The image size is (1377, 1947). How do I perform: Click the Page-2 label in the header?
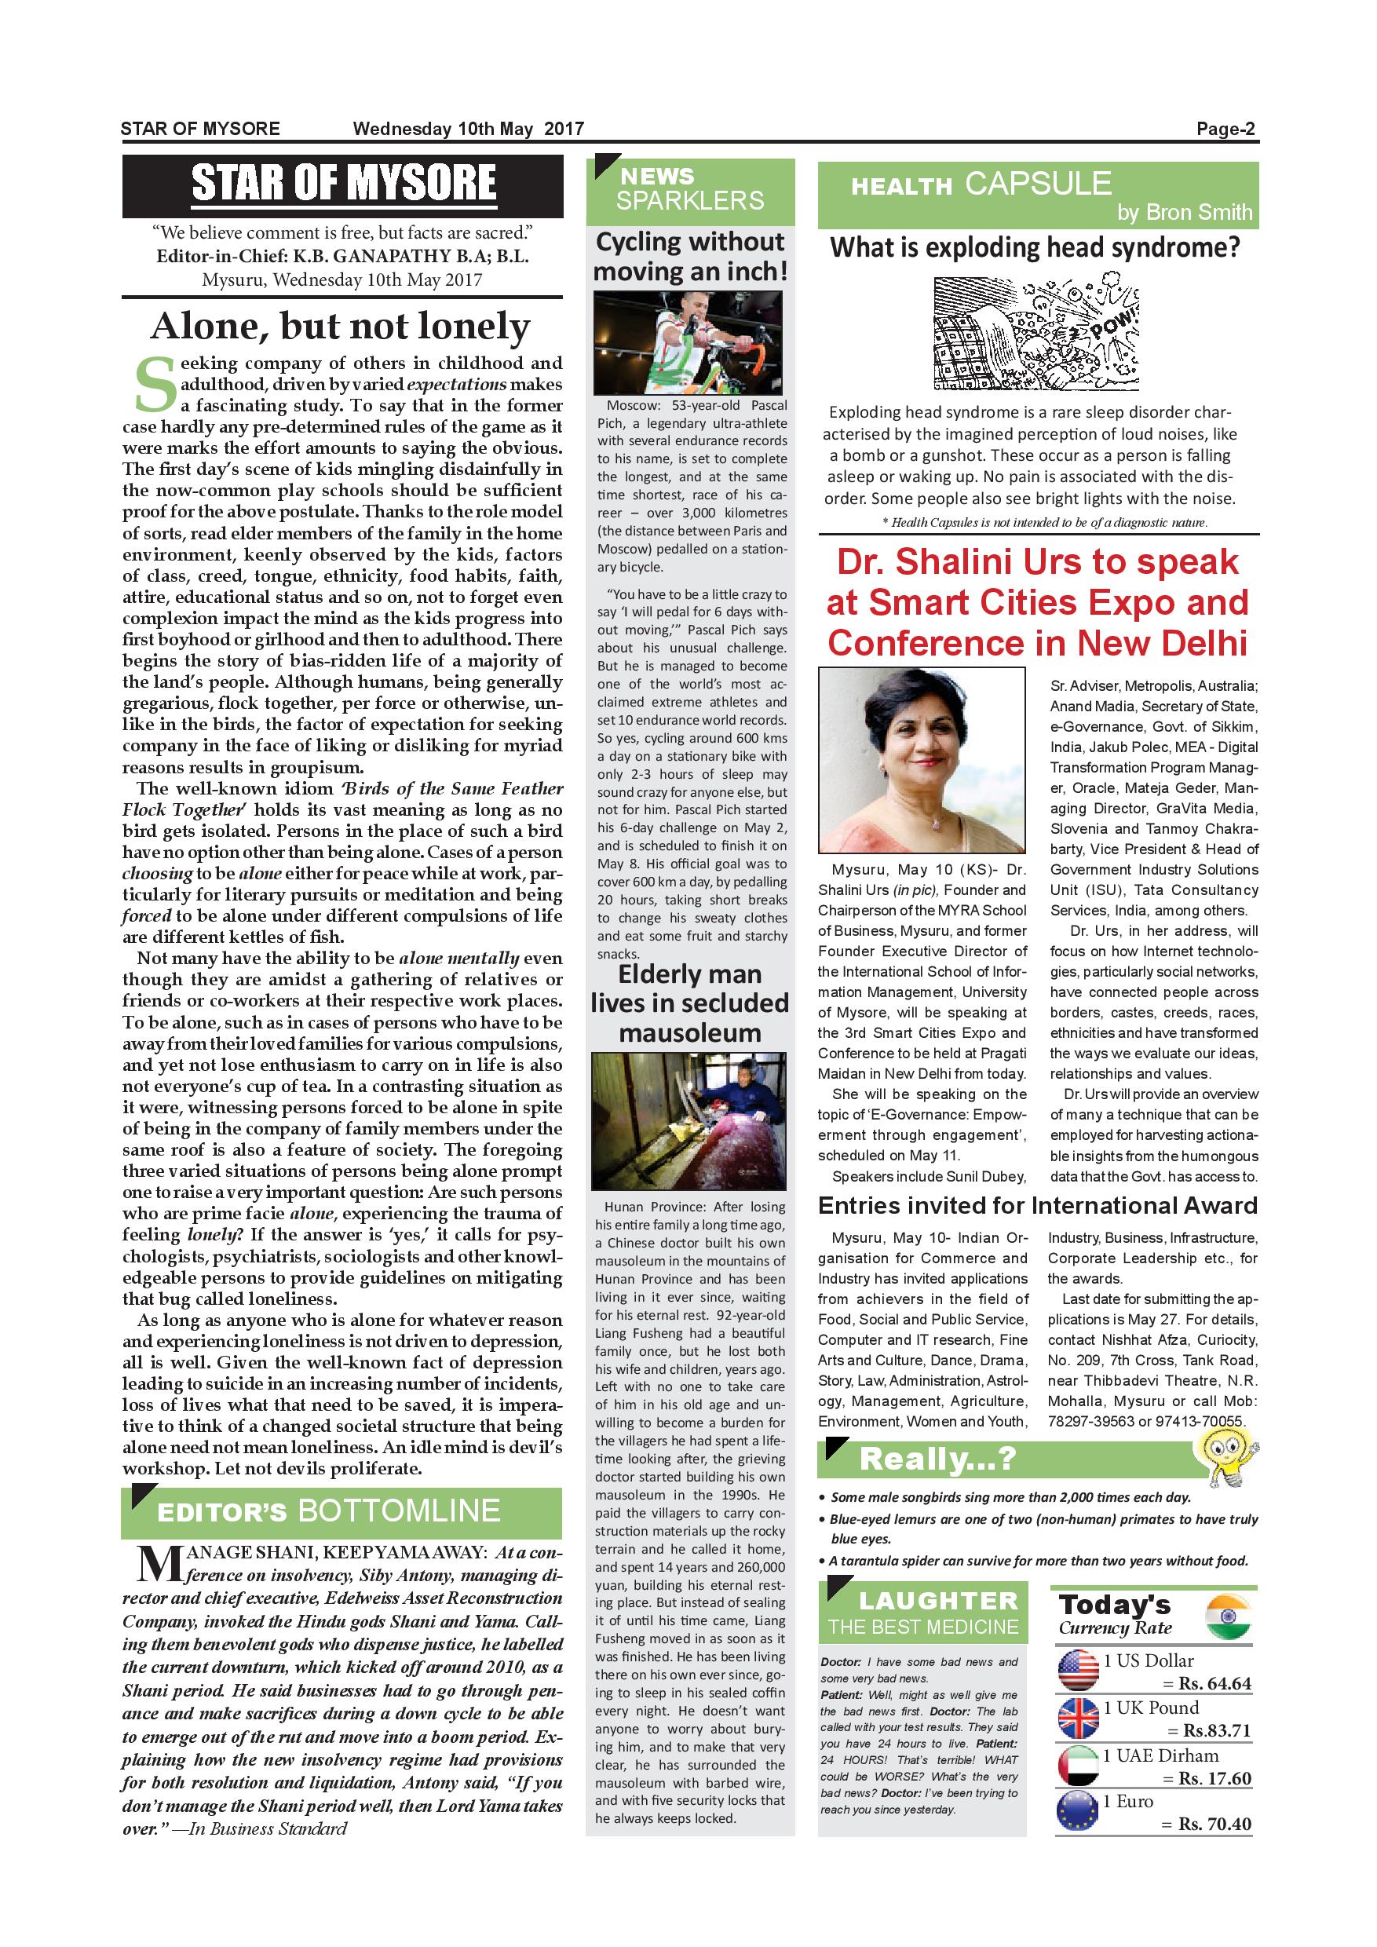(1225, 129)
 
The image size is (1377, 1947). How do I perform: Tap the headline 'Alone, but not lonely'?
(341, 326)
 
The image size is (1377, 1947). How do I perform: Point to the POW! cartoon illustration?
(1037, 332)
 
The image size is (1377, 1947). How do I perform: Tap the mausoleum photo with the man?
(689, 1121)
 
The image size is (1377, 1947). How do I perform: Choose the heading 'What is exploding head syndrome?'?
(1035, 247)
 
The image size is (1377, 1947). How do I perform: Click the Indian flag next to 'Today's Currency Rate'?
(1228, 1617)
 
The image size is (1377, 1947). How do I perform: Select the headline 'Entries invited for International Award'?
(1037, 1205)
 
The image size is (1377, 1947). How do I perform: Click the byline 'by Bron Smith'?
(1184, 212)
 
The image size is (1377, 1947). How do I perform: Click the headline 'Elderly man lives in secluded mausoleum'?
(689, 1003)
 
